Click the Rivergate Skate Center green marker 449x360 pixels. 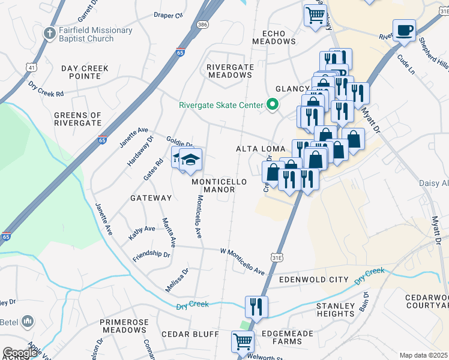point(272,106)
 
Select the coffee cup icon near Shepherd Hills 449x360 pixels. point(404,30)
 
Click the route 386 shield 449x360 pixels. point(203,25)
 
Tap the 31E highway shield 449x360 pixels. point(278,256)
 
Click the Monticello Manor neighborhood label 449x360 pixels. point(213,185)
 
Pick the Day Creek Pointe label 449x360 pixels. point(85,72)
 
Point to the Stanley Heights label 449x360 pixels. point(335,310)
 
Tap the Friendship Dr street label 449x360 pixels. point(151,254)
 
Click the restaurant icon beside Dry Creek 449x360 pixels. point(256,306)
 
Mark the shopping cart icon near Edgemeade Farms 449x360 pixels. point(243,341)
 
